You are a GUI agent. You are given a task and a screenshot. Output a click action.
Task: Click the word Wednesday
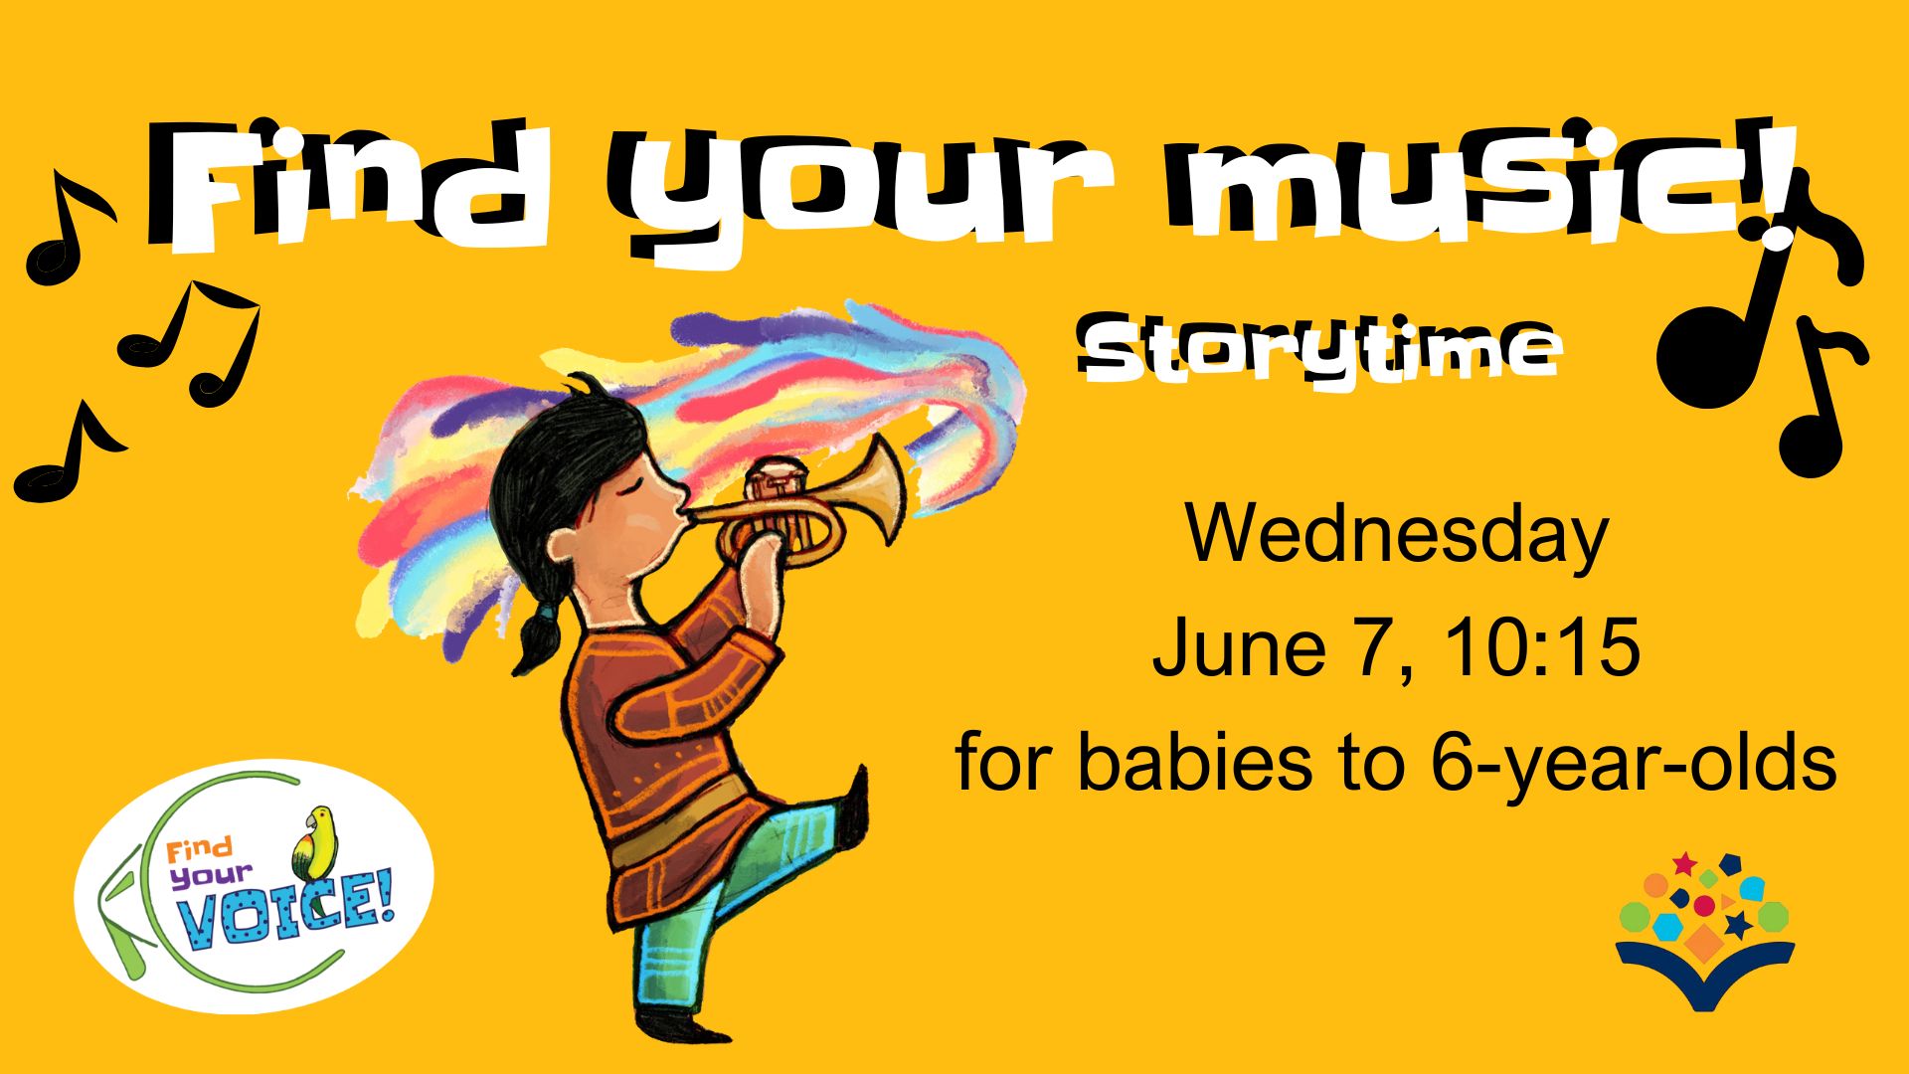1396,535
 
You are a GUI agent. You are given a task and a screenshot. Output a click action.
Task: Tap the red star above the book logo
1684,863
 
